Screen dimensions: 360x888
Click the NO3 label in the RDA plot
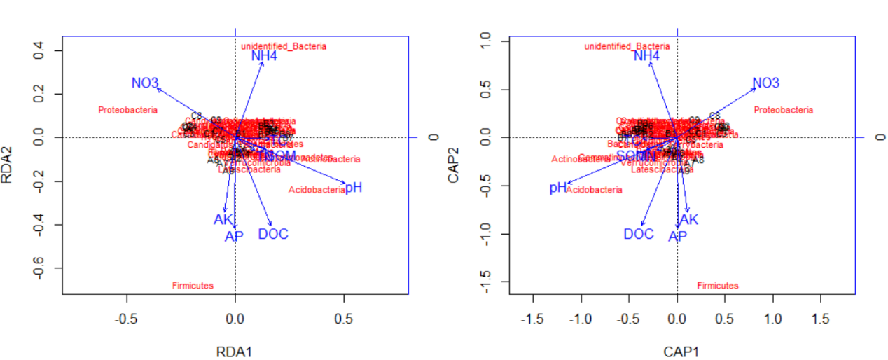pos(145,83)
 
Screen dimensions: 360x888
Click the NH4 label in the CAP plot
pos(646,56)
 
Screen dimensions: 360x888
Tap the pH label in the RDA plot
pos(354,188)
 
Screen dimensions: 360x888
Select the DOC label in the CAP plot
pos(639,234)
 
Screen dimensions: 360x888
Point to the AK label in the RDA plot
pos(223,220)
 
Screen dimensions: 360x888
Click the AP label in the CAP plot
pos(677,237)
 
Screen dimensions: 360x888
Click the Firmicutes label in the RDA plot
pos(193,286)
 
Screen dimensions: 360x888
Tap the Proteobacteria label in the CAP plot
pos(784,110)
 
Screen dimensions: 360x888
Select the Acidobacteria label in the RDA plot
pos(317,190)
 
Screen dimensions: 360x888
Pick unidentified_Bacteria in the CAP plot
pos(627,46)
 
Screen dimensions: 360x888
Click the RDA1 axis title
pos(235,352)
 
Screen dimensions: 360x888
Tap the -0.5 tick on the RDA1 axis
pos(127,319)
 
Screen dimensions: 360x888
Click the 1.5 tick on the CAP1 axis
pos(821,319)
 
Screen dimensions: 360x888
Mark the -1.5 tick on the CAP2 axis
pos(483,282)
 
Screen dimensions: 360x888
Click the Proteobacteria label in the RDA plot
pos(128,110)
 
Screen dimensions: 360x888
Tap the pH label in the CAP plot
pos(557,188)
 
